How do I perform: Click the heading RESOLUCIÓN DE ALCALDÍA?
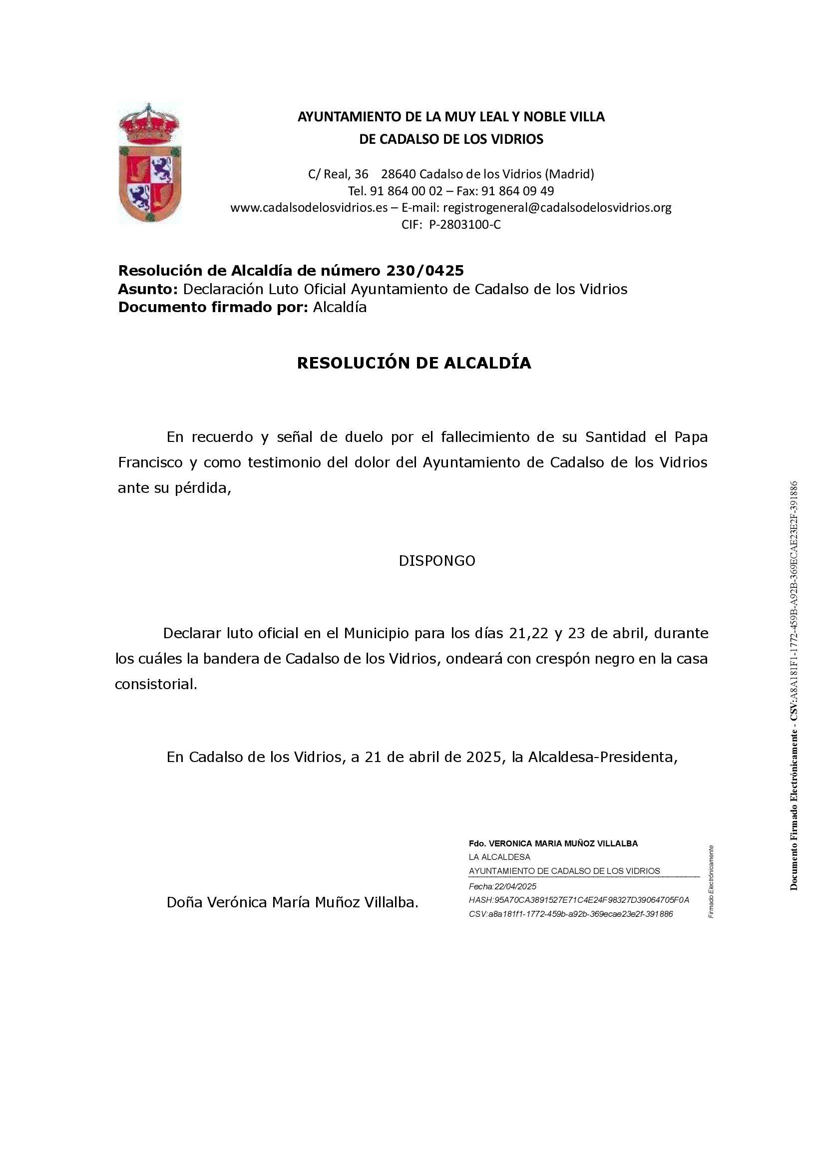(x=413, y=363)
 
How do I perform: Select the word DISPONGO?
(x=437, y=561)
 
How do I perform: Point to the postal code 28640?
(x=398, y=174)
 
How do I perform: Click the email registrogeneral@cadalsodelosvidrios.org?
(x=557, y=208)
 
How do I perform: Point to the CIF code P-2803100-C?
(x=465, y=224)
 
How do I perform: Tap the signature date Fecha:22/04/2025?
(x=502, y=886)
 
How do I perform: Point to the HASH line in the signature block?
(x=579, y=900)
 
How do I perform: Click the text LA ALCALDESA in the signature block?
(x=499, y=857)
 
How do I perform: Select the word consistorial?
(x=156, y=684)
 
